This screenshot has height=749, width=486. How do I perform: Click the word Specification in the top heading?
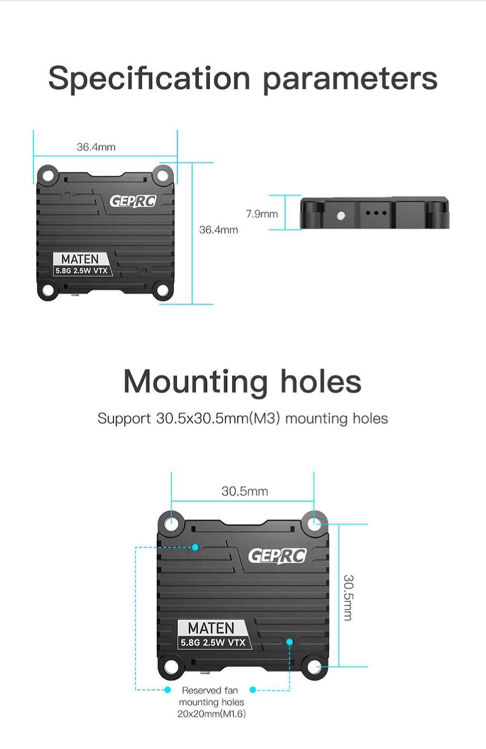click(149, 79)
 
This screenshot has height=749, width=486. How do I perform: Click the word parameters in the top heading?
click(350, 80)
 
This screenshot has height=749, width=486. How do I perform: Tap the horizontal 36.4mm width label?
click(96, 147)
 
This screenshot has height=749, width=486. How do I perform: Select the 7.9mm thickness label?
click(262, 214)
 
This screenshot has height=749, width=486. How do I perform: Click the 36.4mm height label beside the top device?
click(218, 230)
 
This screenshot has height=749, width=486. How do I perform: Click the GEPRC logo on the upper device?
click(133, 201)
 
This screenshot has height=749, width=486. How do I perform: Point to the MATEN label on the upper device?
click(80, 259)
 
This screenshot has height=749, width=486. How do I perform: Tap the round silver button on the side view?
click(341, 216)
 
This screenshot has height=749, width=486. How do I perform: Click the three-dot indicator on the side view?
click(376, 213)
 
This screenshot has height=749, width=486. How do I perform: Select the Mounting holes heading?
click(242, 382)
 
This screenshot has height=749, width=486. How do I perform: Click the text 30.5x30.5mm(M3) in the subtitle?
click(218, 418)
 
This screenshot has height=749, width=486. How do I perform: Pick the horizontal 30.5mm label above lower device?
click(245, 491)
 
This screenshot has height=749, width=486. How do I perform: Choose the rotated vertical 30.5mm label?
click(349, 598)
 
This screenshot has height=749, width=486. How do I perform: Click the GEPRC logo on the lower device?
click(277, 556)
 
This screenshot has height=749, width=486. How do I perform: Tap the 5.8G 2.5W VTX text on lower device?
click(213, 643)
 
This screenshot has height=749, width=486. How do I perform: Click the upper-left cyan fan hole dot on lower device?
click(196, 547)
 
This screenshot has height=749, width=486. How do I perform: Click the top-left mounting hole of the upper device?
click(49, 176)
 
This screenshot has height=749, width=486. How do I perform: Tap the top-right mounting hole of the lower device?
click(314, 524)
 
